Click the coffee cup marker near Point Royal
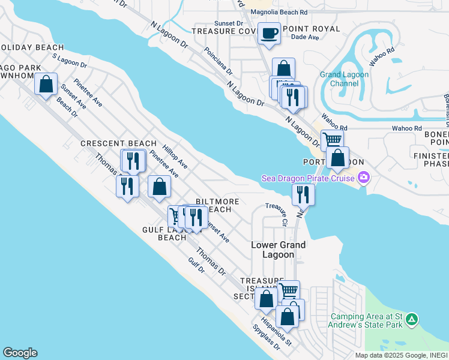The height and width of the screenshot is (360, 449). pyautogui.click(x=269, y=32)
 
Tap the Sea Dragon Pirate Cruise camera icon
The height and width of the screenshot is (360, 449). pyautogui.click(x=363, y=177)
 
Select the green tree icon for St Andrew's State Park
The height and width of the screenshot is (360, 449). pyautogui.click(x=411, y=320)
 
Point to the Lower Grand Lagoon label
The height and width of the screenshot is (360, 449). pyautogui.click(x=278, y=250)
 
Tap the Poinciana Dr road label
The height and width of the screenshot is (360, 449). pyautogui.click(x=218, y=61)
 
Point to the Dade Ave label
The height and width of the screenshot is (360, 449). pyautogui.click(x=304, y=37)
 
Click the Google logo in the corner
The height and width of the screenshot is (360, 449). pyautogui.click(x=20, y=353)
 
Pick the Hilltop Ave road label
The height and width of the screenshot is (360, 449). pyautogui.click(x=175, y=156)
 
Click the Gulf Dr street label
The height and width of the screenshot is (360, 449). pyautogui.click(x=197, y=266)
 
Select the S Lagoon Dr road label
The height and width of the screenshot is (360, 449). pyautogui.click(x=70, y=61)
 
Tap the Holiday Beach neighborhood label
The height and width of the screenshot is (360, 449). pyautogui.click(x=32, y=47)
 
